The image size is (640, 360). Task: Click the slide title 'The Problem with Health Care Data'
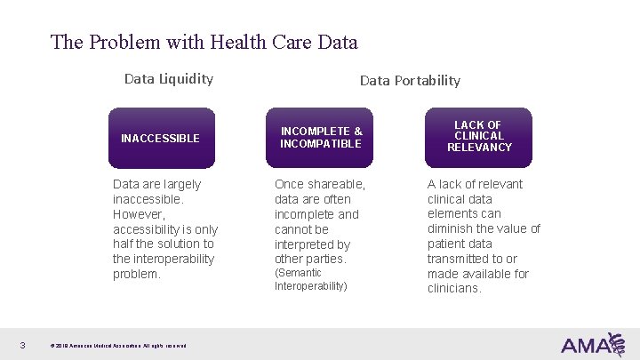[x=204, y=42]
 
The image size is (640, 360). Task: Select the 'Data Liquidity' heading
[x=169, y=78]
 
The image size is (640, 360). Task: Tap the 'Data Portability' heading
[x=410, y=80]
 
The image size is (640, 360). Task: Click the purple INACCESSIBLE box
[x=161, y=138]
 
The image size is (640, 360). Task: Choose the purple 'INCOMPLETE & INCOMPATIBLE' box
[x=321, y=138]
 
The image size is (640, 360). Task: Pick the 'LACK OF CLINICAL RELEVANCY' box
[x=479, y=138]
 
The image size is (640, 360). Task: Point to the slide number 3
[x=21, y=345]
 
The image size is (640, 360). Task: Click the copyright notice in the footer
[x=118, y=346]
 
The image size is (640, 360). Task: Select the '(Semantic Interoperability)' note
[x=311, y=279]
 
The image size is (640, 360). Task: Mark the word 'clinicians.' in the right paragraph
[x=454, y=289]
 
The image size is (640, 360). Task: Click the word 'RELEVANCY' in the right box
[x=479, y=148]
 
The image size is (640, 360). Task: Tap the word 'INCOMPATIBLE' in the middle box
[x=321, y=144]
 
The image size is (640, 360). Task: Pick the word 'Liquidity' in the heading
[x=186, y=78]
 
